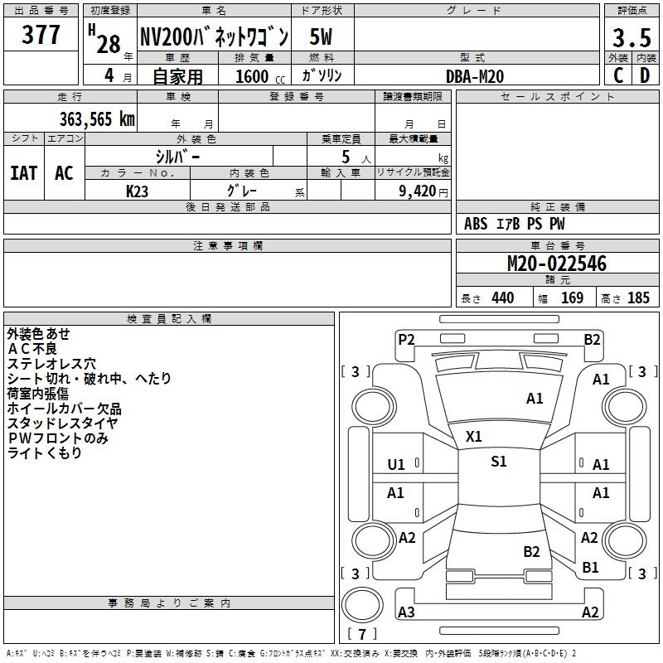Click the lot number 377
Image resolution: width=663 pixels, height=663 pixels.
pyautogui.click(x=41, y=36)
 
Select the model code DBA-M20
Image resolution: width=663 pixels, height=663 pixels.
pyautogui.click(x=474, y=76)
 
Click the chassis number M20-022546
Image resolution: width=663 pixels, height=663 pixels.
pyautogui.click(x=557, y=264)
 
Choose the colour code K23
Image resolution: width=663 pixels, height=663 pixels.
pyautogui.click(x=138, y=191)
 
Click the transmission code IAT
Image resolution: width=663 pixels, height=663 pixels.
pyautogui.click(x=23, y=173)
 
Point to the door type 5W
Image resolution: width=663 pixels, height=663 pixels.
pyautogui.click(x=322, y=38)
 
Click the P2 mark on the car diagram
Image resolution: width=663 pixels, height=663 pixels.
pyautogui.click(x=406, y=339)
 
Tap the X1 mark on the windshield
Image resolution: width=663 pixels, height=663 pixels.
pyautogui.click(x=474, y=436)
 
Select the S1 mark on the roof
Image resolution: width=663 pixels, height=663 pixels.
pyautogui.click(x=498, y=462)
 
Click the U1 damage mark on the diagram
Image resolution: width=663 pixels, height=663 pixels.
pyautogui.click(x=396, y=465)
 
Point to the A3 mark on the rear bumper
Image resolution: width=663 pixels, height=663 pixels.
pyautogui.click(x=406, y=612)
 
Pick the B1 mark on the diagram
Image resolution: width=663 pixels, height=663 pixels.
pyautogui.click(x=590, y=568)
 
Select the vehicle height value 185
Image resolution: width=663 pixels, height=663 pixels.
pyautogui.click(x=638, y=298)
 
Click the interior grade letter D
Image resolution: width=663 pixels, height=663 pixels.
pyautogui.click(x=645, y=75)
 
